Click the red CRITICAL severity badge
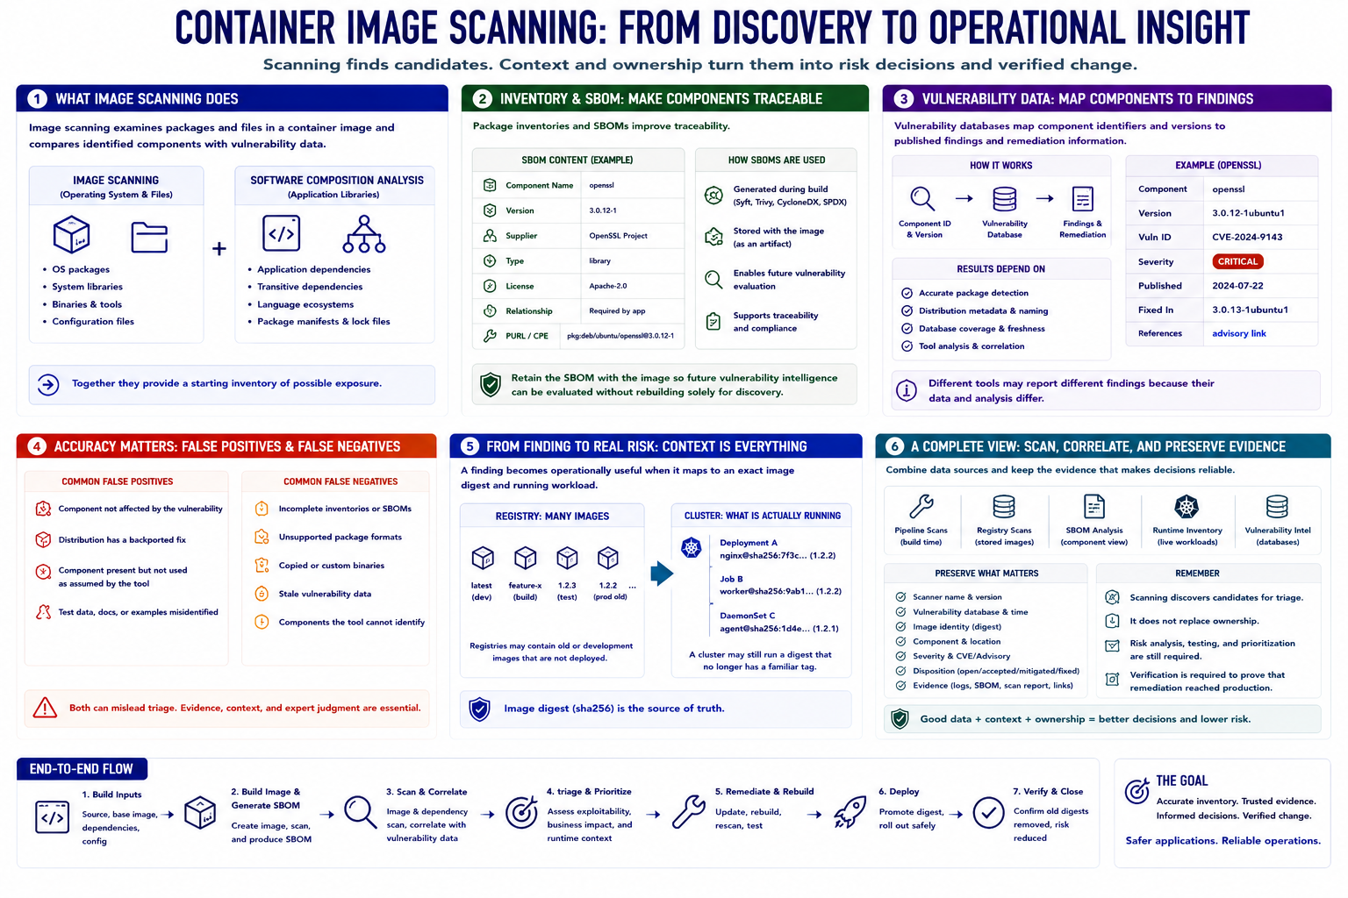click(x=1237, y=261)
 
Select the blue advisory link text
click(x=1238, y=333)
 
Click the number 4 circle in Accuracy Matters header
click(x=38, y=446)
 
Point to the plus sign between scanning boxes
click(x=219, y=248)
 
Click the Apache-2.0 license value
click(x=608, y=286)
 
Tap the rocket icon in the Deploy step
click(x=850, y=812)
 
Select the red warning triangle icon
click(x=45, y=708)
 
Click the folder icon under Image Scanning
click(x=149, y=237)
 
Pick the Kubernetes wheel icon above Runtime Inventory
click(x=1187, y=507)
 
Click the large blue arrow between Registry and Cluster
click(x=662, y=574)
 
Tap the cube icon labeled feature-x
click(x=525, y=558)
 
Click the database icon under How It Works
click(x=1004, y=198)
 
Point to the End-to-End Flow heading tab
click(x=82, y=769)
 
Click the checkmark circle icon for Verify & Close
click(x=988, y=813)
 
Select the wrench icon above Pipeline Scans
click(x=921, y=507)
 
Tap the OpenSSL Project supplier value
click(x=618, y=236)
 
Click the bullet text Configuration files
click(x=93, y=322)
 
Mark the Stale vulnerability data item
click(x=325, y=594)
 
